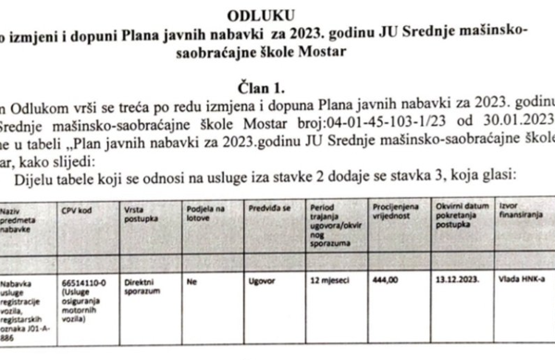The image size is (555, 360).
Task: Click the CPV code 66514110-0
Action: (x=81, y=277)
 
